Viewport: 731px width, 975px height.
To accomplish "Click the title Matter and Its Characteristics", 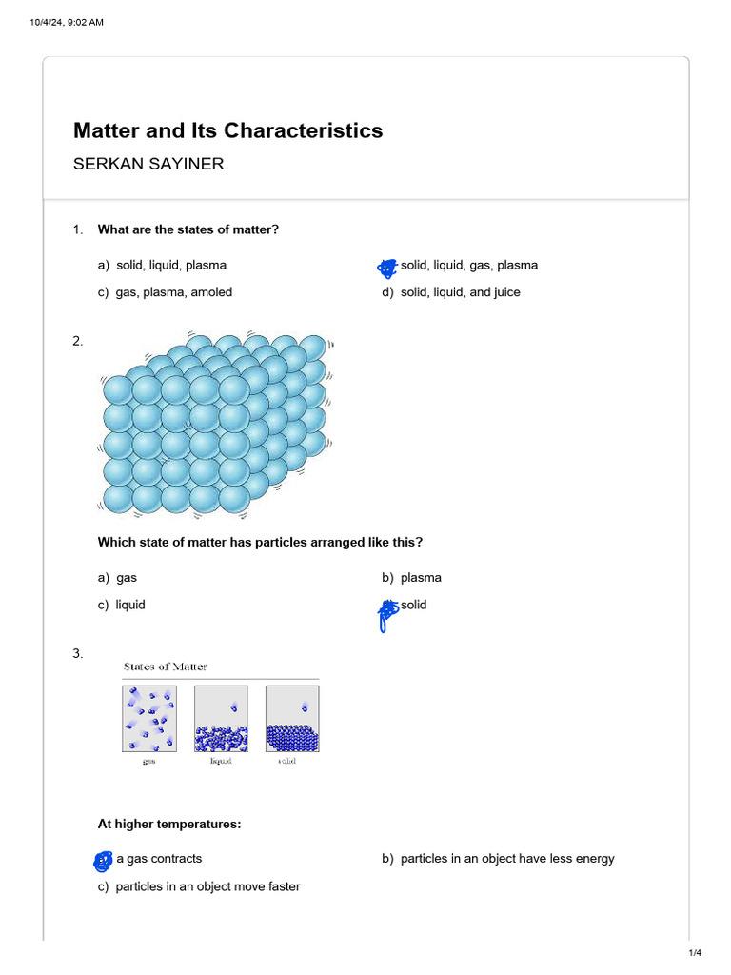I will [x=227, y=130].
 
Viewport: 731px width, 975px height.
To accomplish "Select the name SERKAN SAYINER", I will [x=148, y=164].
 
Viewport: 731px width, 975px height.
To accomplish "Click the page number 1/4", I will [x=694, y=953].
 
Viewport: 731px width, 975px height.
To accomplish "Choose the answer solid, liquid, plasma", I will [x=170, y=265].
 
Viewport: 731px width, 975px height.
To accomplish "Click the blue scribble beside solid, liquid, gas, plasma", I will [x=386, y=268].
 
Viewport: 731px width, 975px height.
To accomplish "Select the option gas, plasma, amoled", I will [x=173, y=292].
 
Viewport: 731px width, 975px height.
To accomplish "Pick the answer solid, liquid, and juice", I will [x=460, y=292].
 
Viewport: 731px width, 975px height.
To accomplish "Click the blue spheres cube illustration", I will [x=217, y=424].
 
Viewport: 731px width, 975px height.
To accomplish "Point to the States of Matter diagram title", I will [x=166, y=667].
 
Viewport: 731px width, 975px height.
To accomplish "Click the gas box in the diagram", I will [x=149, y=720].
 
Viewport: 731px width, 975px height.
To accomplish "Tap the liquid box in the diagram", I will [x=221, y=720].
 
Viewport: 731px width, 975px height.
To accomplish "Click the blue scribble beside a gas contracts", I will [x=103, y=861].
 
